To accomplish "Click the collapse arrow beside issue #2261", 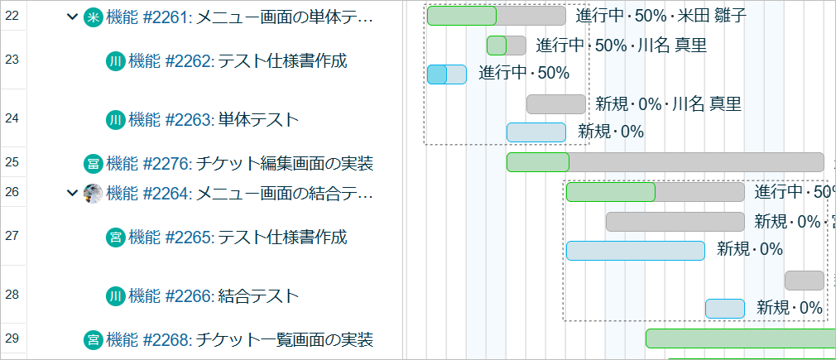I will [x=72, y=17].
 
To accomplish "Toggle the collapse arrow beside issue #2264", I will [x=72, y=194].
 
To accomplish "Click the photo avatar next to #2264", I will [x=94, y=194].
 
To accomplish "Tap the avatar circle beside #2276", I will [x=94, y=163].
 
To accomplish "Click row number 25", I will [x=12, y=162].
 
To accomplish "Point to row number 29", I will [x=12, y=338].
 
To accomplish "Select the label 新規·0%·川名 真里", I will [x=667, y=104].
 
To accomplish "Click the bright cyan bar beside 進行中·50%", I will [x=437, y=74].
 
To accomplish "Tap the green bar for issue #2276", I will [x=537, y=162].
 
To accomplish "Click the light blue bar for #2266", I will [x=725, y=309].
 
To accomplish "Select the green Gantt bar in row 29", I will [x=740, y=338].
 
